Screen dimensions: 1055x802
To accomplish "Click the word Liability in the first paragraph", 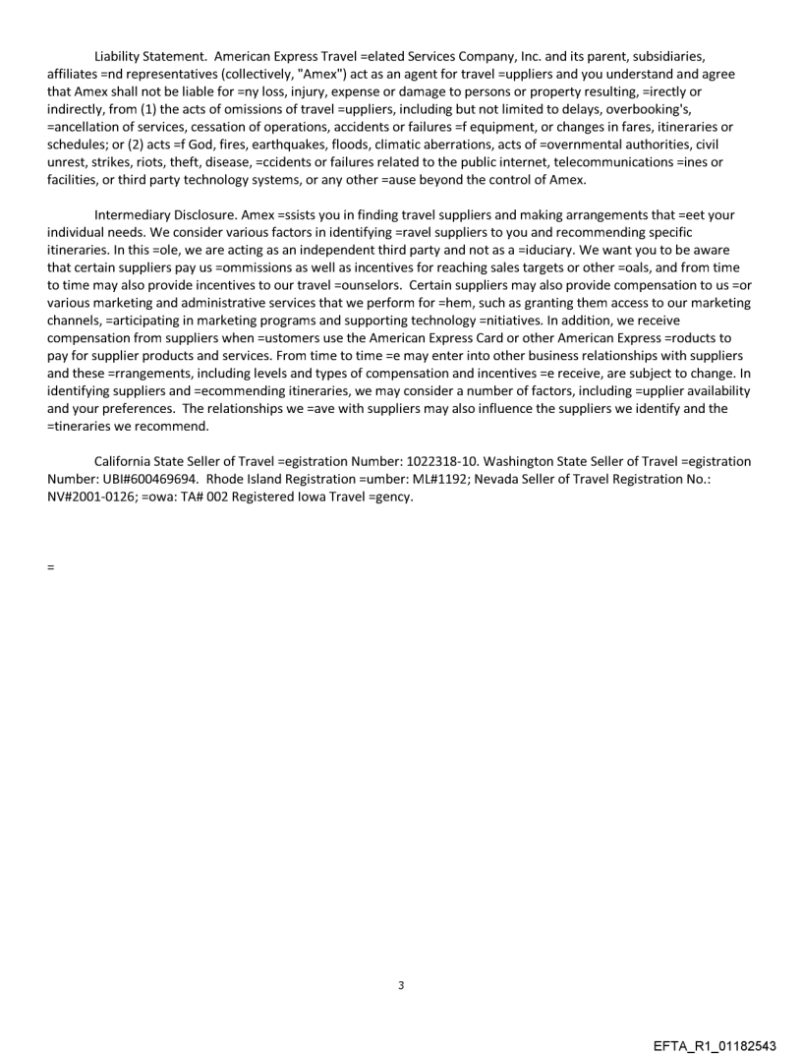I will (x=118, y=54).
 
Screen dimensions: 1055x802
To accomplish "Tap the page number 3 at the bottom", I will (x=400, y=984).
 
